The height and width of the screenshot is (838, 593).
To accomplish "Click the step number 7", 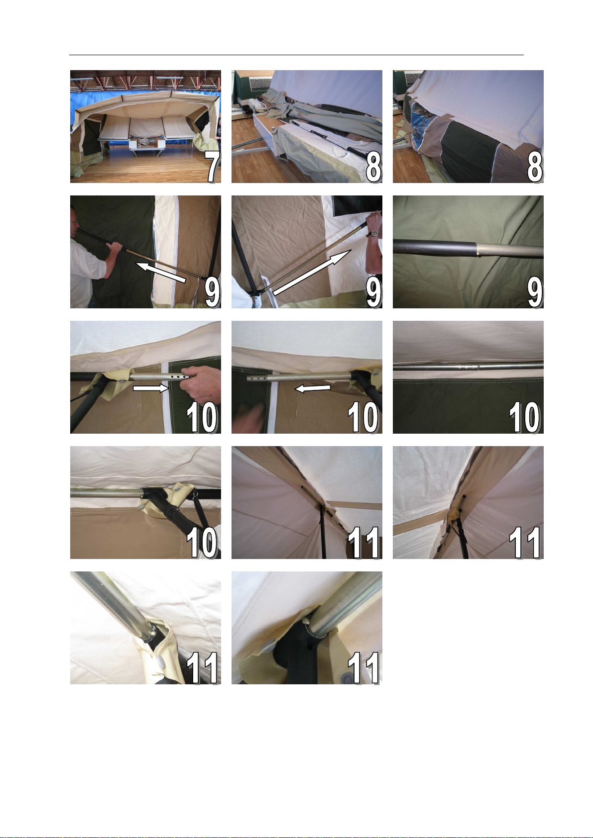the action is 213,167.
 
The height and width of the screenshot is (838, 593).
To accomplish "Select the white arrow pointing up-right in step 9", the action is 311,272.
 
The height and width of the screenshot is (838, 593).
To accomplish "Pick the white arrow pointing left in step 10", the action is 314,389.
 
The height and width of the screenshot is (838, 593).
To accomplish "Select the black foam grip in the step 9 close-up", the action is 435,248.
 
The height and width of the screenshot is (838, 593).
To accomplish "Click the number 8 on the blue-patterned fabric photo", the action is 535,167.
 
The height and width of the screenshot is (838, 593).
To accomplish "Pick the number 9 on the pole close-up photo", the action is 535,292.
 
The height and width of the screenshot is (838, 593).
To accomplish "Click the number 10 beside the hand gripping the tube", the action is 202,417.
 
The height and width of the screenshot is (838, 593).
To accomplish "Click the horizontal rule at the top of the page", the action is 296,55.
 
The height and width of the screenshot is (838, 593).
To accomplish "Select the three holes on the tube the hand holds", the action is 178,376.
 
